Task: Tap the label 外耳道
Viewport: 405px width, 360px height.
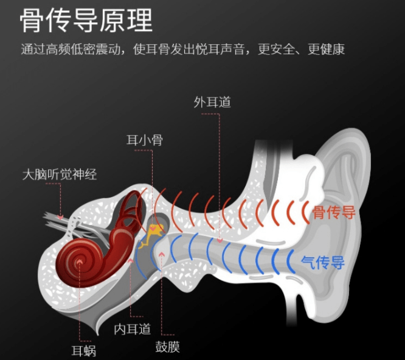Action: (x=212, y=102)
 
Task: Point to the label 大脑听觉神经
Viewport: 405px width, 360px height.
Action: (x=59, y=175)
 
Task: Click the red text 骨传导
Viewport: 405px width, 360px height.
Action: (x=333, y=213)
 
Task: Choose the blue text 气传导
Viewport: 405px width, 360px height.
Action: (x=323, y=263)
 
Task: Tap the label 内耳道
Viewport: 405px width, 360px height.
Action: (x=133, y=329)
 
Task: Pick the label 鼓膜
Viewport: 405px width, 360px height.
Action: (x=167, y=347)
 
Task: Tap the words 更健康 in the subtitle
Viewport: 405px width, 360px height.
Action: (x=327, y=49)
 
